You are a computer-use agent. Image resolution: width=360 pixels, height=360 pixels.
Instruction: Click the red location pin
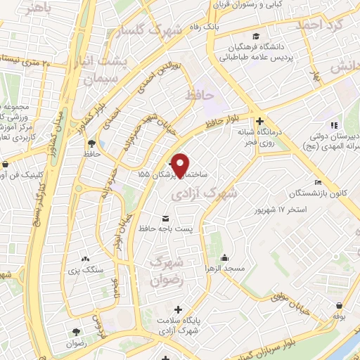coord(181,165)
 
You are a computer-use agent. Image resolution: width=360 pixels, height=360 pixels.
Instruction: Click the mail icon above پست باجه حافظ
coord(166,217)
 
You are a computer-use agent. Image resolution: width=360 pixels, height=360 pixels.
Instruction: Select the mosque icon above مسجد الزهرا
coord(224,257)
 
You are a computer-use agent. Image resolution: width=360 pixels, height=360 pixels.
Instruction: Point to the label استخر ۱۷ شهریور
coord(283,210)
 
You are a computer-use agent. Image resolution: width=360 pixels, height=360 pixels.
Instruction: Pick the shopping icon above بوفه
coord(340,306)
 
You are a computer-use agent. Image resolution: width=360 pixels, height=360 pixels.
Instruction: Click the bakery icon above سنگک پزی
coord(86,259)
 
